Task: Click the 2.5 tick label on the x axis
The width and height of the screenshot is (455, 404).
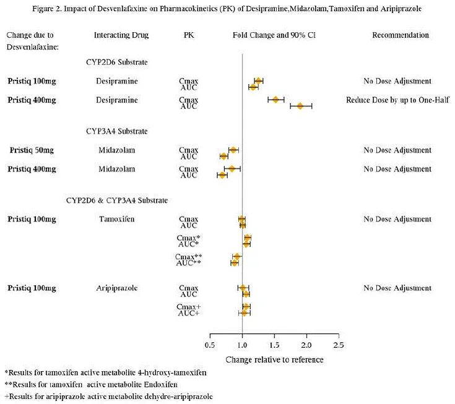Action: pyautogui.click(x=338, y=345)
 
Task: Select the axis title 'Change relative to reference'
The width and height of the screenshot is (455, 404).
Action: pyautogui.click(x=274, y=359)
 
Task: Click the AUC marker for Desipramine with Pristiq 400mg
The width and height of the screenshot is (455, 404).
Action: pyautogui.click(x=300, y=106)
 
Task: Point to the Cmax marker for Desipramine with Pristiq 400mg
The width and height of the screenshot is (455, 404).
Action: pyautogui.click(x=275, y=99)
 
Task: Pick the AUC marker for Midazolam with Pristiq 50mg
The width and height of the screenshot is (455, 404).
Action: pyautogui.click(x=223, y=156)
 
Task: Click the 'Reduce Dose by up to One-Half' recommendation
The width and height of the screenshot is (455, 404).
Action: pyautogui.click(x=397, y=100)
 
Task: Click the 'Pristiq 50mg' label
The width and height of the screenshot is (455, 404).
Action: pyautogui.click(x=32, y=150)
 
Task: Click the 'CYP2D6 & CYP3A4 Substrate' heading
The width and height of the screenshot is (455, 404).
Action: pyautogui.click(x=116, y=200)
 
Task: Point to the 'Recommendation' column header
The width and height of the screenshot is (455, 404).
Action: pyautogui.click(x=400, y=35)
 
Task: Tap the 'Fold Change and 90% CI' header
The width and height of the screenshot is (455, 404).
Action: pyautogui.click(x=270, y=35)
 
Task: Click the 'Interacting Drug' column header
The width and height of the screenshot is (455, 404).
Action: pyautogui.click(x=121, y=35)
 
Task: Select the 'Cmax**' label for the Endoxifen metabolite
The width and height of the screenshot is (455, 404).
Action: pyautogui.click(x=188, y=257)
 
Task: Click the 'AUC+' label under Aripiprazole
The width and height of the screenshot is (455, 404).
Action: pyautogui.click(x=188, y=313)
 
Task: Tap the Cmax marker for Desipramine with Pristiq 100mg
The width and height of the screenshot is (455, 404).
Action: pyautogui.click(x=258, y=80)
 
